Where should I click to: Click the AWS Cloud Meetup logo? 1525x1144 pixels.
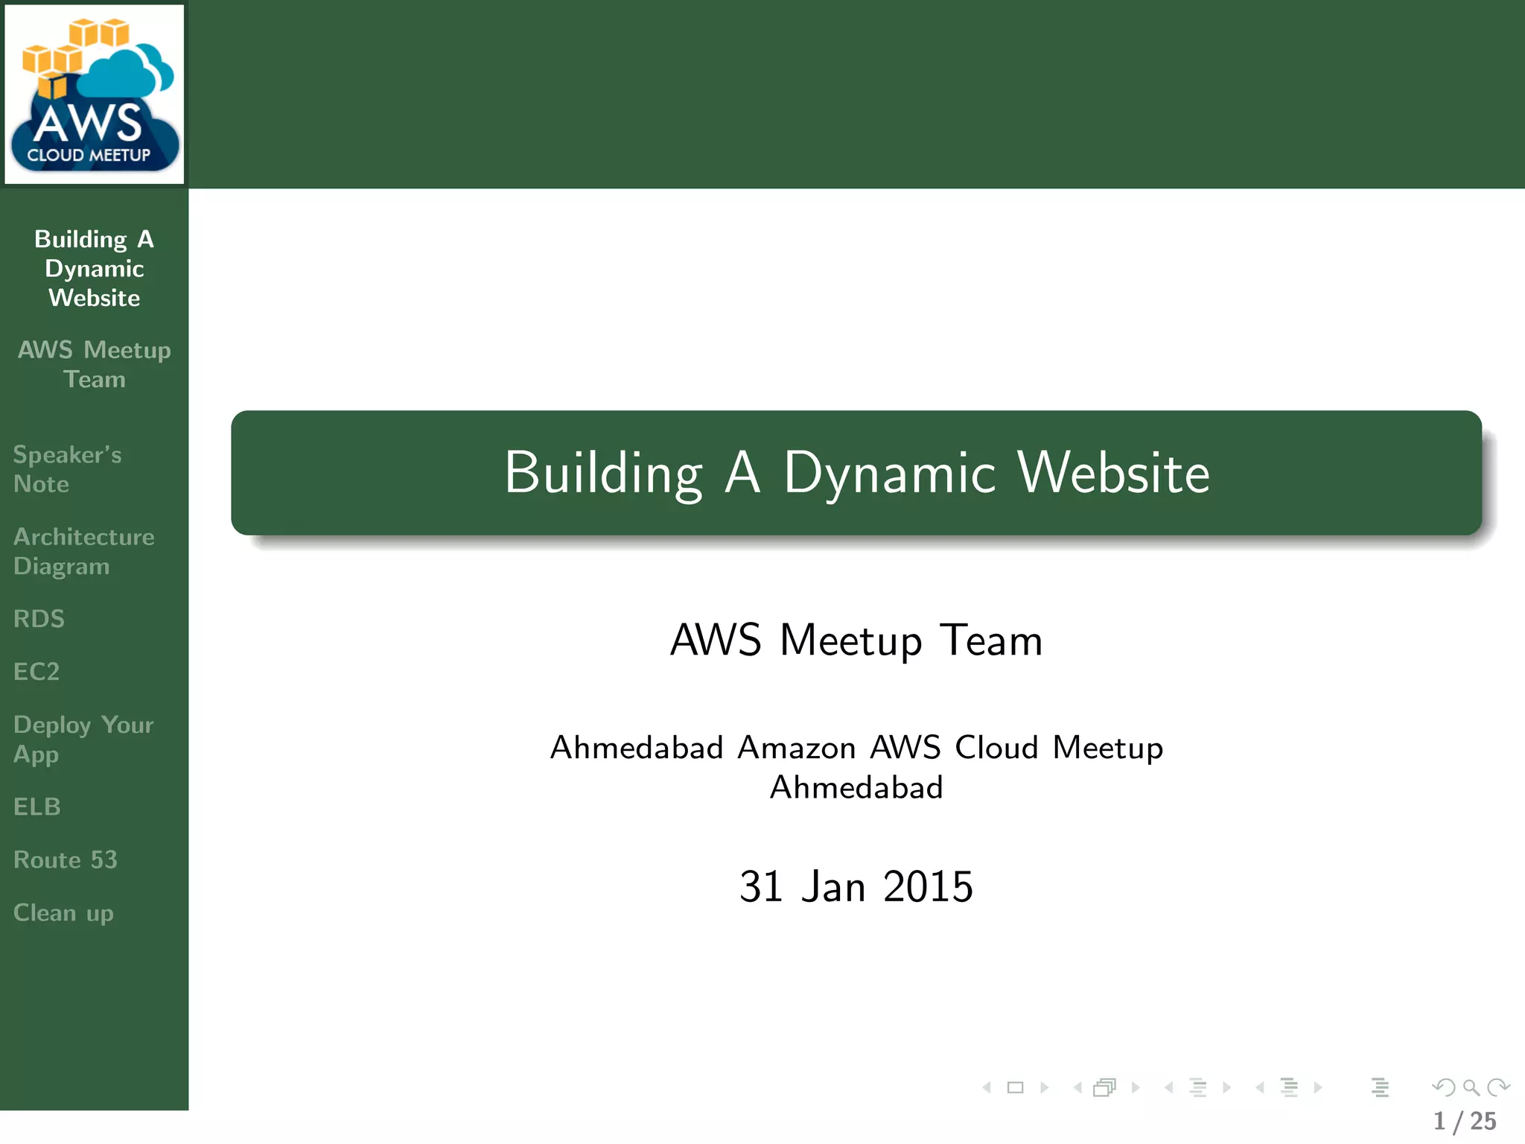94,95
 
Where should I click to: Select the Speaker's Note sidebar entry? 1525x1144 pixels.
67,469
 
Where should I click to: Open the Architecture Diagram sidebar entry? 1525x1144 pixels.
83,551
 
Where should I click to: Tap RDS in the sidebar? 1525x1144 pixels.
39,619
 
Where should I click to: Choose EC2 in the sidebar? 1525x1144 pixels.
36,672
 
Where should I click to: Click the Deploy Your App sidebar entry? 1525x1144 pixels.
83,739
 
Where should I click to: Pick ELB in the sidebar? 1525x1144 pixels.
37,807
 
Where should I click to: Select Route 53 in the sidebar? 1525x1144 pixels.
66,859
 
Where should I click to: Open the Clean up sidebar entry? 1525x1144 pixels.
63,913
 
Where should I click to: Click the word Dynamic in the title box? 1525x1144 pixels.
889,474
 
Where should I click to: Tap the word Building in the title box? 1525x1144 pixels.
603,474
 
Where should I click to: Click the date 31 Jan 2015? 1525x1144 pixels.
856,886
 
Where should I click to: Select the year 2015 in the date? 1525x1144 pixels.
928,886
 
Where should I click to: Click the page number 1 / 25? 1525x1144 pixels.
1464,1121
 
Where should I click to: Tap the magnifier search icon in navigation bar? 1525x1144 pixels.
1471,1087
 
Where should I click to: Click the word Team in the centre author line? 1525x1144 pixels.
990,640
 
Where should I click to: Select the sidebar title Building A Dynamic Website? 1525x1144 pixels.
94,268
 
